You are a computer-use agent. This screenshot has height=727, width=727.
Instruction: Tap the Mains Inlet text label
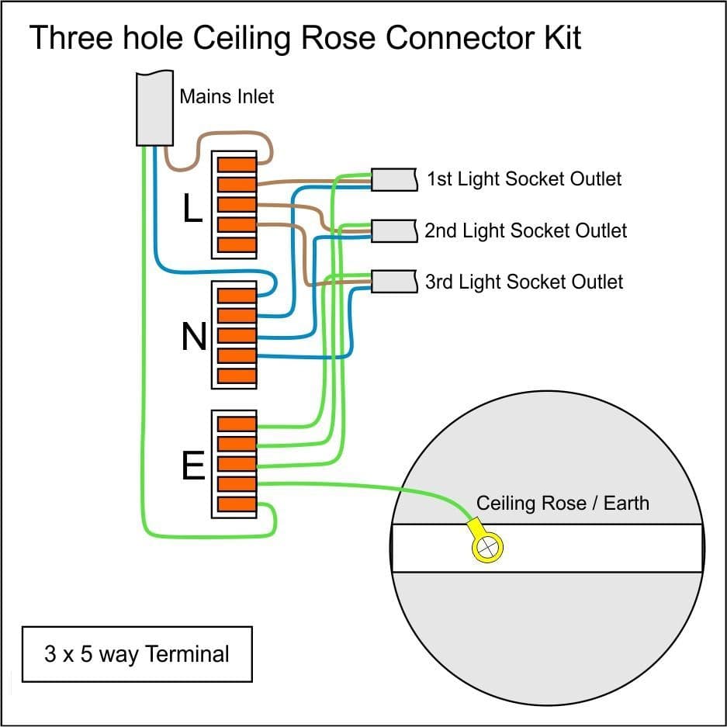(x=227, y=96)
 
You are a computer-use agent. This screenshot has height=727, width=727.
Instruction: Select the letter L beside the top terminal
(x=192, y=208)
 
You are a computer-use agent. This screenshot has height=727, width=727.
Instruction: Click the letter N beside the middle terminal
(x=193, y=337)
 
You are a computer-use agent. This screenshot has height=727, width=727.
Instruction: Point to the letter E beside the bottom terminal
(x=192, y=466)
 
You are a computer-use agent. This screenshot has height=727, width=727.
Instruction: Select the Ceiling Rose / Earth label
(x=563, y=503)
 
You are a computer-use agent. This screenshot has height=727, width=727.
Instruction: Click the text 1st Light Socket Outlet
(x=524, y=179)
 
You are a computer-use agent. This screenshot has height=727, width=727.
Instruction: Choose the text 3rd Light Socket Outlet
(x=524, y=281)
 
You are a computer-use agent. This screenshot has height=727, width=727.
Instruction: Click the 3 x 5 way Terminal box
(x=137, y=653)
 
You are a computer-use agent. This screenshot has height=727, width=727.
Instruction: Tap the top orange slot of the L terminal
(x=236, y=164)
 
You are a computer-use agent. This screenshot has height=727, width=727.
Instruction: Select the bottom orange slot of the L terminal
(x=236, y=245)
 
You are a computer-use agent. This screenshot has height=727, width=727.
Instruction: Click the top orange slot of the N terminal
(x=236, y=296)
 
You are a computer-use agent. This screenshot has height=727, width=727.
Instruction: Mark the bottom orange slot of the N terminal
(x=236, y=376)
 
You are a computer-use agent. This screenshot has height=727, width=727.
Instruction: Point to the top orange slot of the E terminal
(x=236, y=424)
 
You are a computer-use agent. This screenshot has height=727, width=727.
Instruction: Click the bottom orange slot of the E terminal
(x=236, y=504)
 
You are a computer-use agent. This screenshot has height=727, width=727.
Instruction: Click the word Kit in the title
(x=559, y=38)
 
